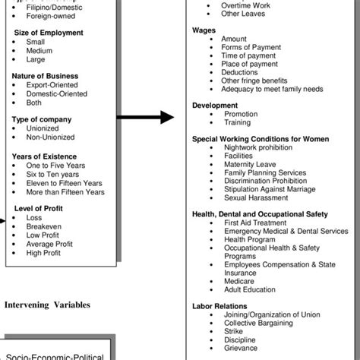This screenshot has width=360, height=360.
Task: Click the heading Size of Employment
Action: [49, 33]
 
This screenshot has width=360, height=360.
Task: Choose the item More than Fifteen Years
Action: [65, 192]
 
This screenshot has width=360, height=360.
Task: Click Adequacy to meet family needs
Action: [271, 89]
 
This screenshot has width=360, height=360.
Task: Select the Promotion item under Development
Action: [242, 114]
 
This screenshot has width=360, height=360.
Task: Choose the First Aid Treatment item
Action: [257, 223]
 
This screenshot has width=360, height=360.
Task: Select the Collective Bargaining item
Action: [258, 324]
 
